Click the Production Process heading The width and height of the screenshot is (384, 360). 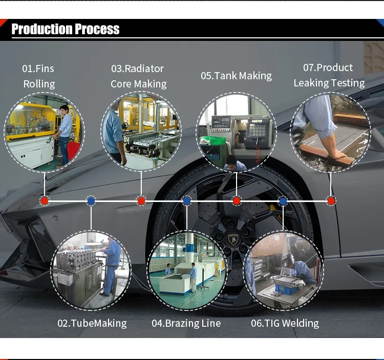pyautogui.click(x=66, y=29)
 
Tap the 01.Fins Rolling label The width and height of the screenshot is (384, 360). pyautogui.click(x=38, y=76)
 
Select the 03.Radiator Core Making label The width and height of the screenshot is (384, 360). pyautogui.click(x=138, y=76)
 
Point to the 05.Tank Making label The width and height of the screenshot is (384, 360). pyautogui.click(x=236, y=76)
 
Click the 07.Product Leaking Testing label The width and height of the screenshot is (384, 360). pyautogui.click(x=329, y=75)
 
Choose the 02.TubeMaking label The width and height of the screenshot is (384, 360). pyautogui.click(x=92, y=323)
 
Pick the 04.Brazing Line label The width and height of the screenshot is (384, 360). pyautogui.click(x=186, y=323)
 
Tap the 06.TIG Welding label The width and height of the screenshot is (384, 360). pyautogui.click(x=285, y=323)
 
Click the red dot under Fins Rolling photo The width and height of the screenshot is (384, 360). pyautogui.click(x=45, y=200)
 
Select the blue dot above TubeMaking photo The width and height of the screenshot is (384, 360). pyautogui.click(x=91, y=200)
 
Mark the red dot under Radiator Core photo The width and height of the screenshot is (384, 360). pyautogui.click(x=141, y=200)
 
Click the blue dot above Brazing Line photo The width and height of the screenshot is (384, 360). pyautogui.click(x=187, y=200)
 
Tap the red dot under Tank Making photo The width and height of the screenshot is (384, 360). pyautogui.click(x=237, y=200)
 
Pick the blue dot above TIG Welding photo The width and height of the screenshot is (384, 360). pyautogui.click(x=283, y=201)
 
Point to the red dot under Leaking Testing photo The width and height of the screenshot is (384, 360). pyautogui.click(x=331, y=200)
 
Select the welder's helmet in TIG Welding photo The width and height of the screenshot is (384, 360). pyautogui.click(x=288, y=259)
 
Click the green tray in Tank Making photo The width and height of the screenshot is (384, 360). pyautogui.click(x=215, y=140)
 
